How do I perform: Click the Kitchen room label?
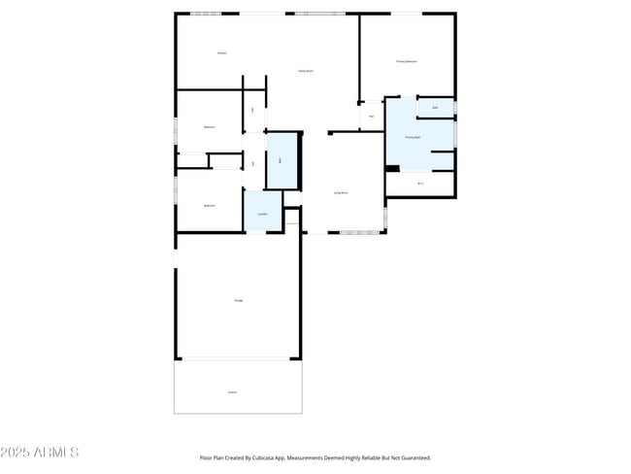click(x=222, y=51)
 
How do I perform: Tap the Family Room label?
click(x=304, y=71)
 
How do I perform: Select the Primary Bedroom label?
click(x=407, y=61)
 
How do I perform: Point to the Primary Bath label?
click(x=413, y=138)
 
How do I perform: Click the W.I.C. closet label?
click(x=420, y=183)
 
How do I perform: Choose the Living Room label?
click(x=342, y=193)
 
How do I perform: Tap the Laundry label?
click(x=262, y=214)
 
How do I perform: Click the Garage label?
click(x=238, y=301)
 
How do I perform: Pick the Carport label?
click(x=232, y=392)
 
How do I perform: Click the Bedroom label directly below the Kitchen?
click(x=209, y=127)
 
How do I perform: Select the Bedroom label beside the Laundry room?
click(x=209, y=206)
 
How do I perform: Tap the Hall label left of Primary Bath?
click(x=372, y=117)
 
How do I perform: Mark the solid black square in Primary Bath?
click(x=392, y=167)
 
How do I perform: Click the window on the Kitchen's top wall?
click(x=207, y=13)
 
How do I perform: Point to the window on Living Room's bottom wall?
click(x=360, y=233)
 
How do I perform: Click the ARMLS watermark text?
click(x=57, y=453)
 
